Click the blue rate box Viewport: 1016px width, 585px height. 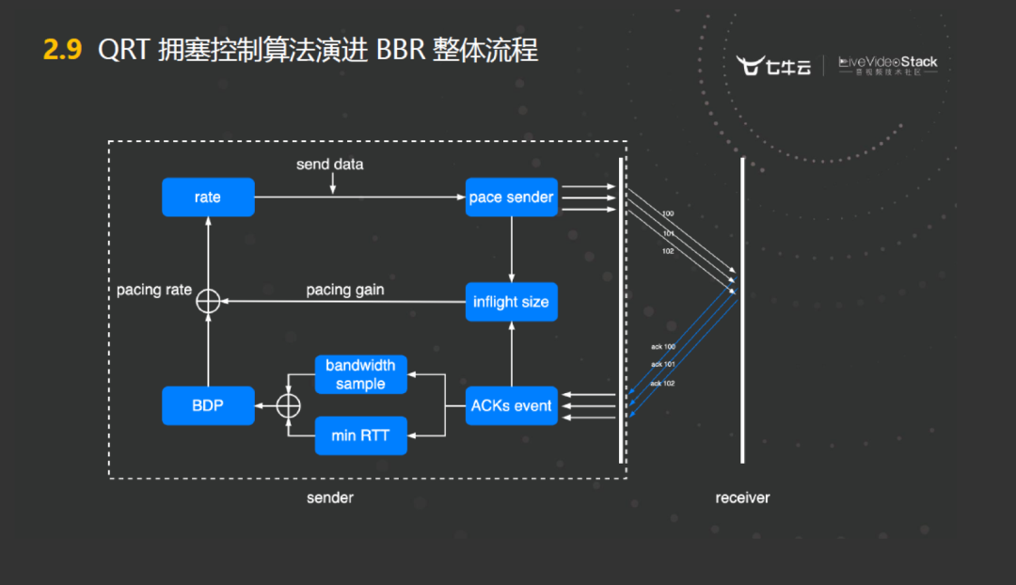point(208,198)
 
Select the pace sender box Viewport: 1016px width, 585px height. point(512,198)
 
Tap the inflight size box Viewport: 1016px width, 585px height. point(512,303)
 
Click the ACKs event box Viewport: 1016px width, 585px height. point(512,405)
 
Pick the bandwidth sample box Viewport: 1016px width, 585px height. point(360,374)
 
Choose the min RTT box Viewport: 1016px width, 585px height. point(360,435)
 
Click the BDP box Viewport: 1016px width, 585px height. point(208,405)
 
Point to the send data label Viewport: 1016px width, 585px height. point(329,165)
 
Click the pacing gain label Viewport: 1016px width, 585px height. point(345,290)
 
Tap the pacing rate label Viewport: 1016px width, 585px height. point(154,290)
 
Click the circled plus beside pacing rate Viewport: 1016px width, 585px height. point(208,301)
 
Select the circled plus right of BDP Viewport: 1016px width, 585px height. point(289,405)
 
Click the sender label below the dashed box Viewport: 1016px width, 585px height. point(330,498)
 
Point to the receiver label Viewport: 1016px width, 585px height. point(742,498)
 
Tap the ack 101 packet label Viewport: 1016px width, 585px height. point(662,365)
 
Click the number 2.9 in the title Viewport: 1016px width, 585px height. point(63,50)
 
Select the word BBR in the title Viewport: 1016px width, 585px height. point(401,50)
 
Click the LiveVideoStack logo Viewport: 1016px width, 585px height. point(888,65)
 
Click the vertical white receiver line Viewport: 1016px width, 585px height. point(742,310)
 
